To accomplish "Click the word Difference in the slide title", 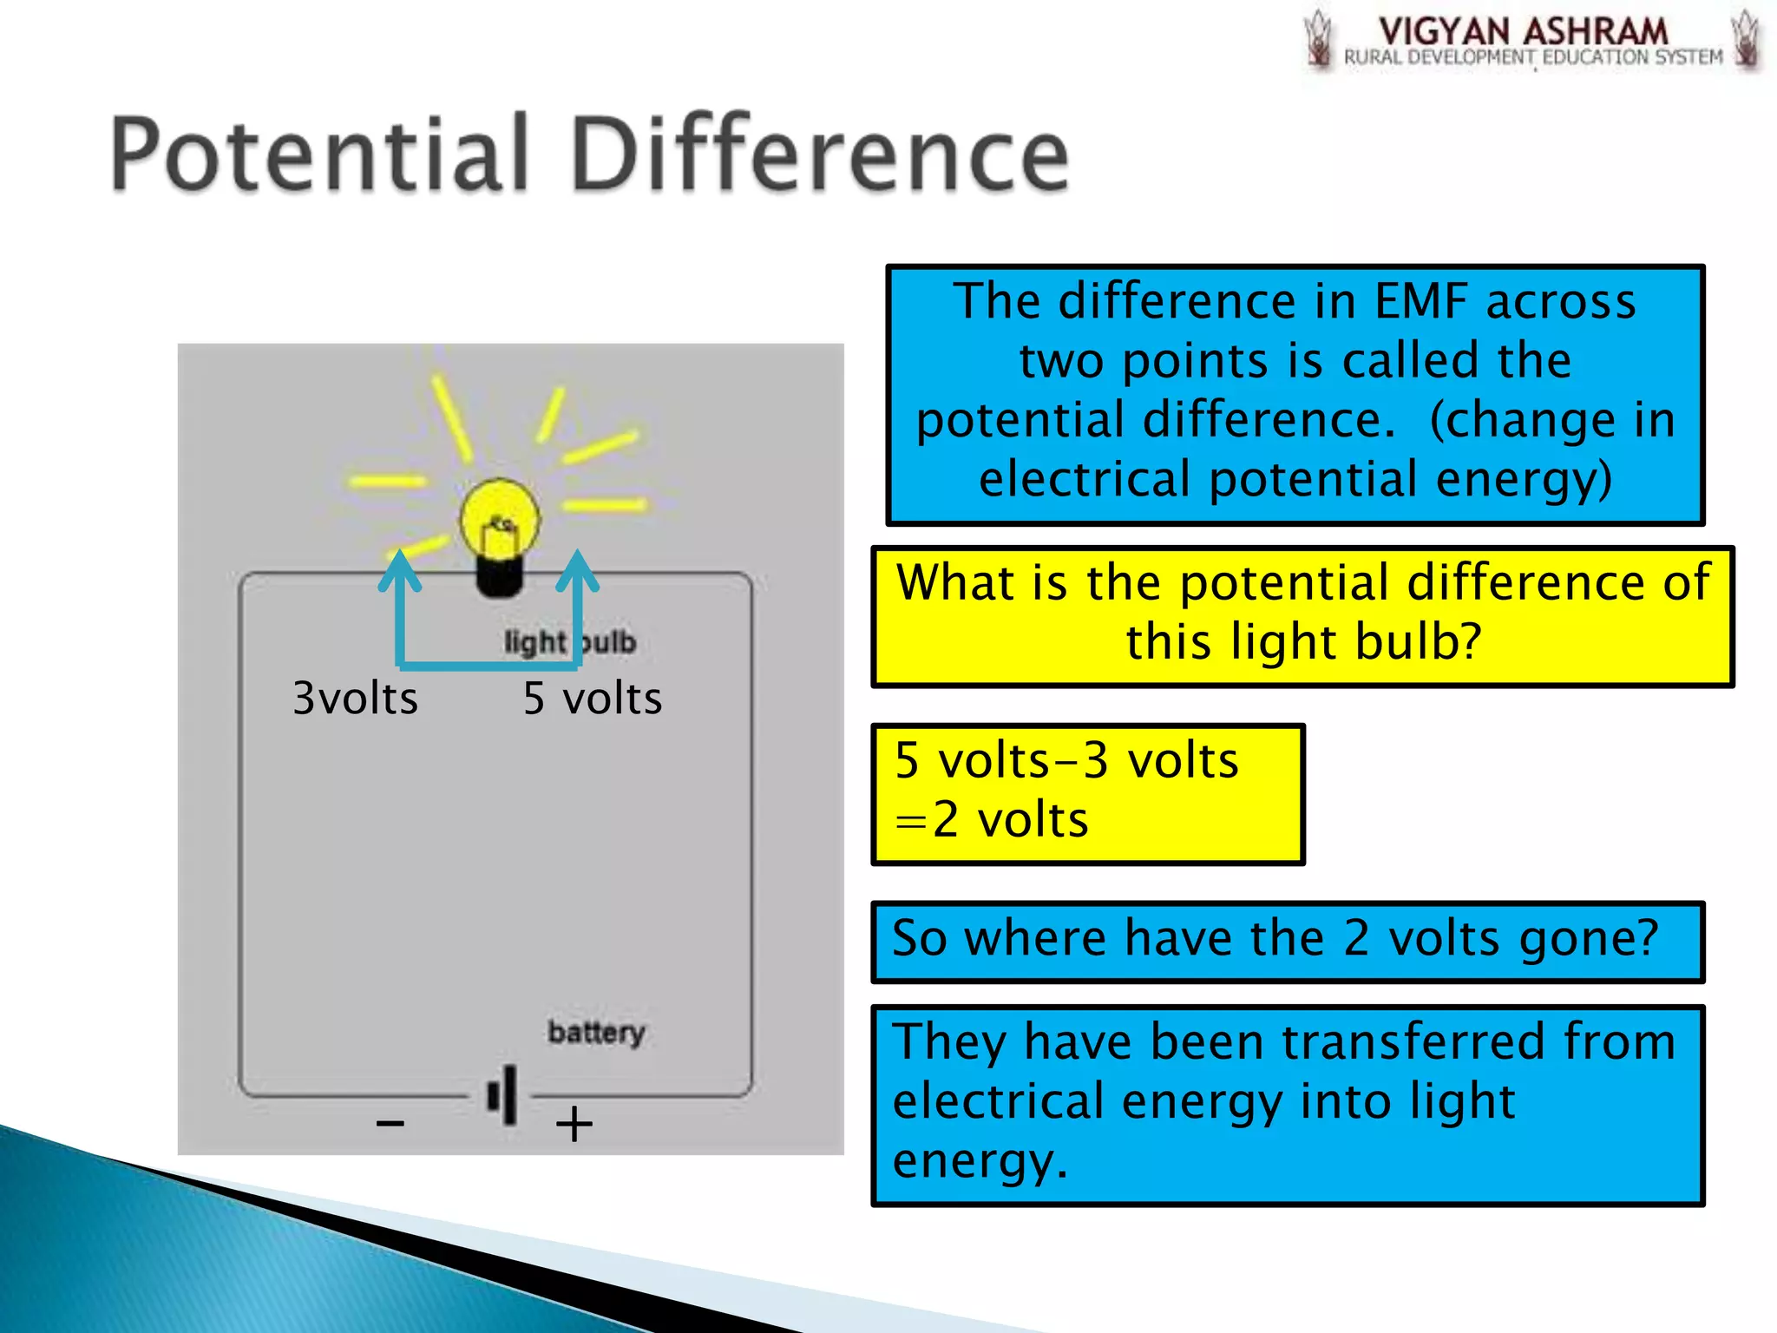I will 820,154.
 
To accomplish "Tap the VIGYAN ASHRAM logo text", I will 1523,32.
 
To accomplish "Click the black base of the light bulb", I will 499,576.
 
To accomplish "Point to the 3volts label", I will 355,699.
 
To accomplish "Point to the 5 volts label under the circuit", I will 593,699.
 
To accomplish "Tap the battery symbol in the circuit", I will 504,1095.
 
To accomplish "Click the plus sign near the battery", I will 574,1124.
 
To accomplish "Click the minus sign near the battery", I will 390,1124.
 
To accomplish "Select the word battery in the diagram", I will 596,1032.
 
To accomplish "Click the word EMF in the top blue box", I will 1422,302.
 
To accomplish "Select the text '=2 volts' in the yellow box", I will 992,820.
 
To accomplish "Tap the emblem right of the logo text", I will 1746,39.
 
